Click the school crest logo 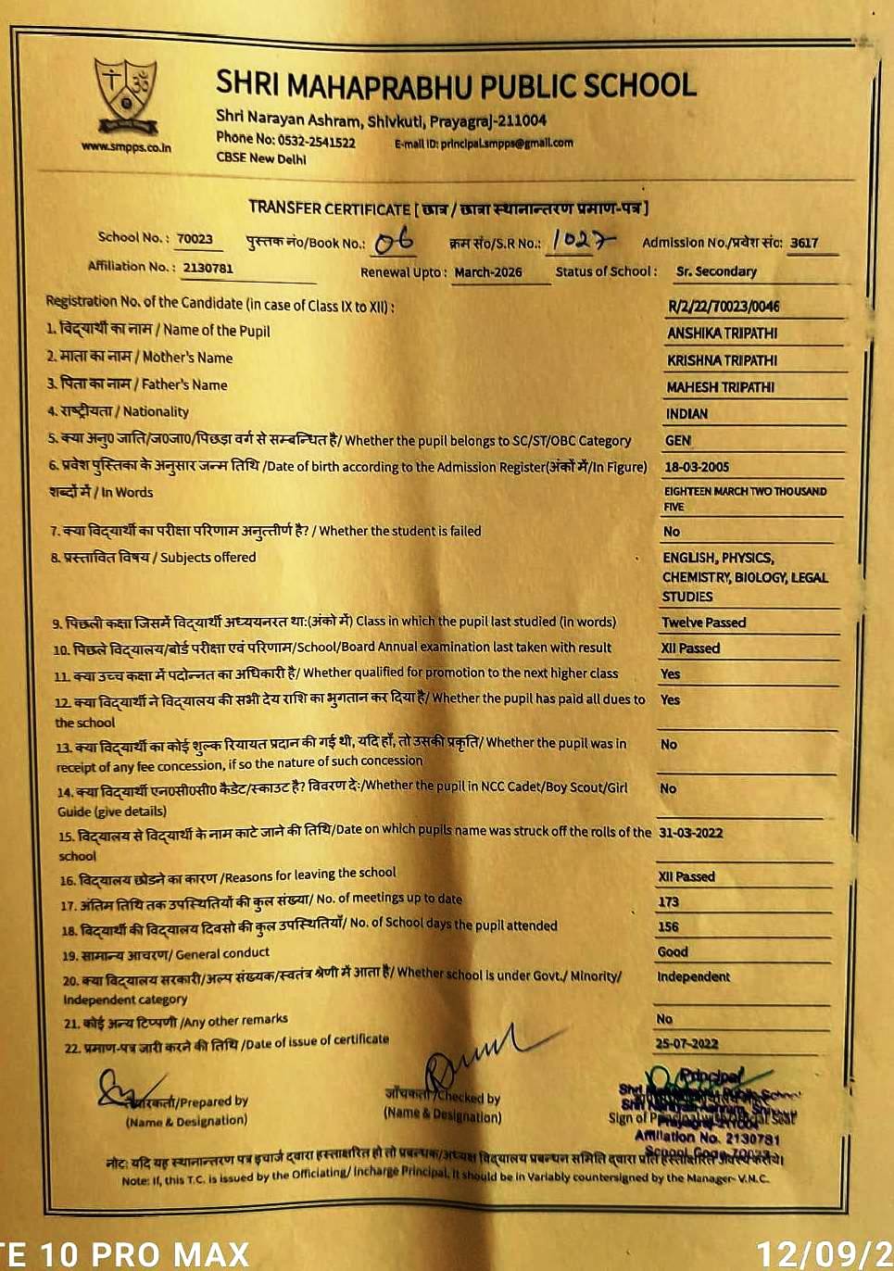[127, 94]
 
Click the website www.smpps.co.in [126, 146]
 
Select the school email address [507, 143]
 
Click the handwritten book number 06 [395, 243]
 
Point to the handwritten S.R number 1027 [579, 240]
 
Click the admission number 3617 [804, 243]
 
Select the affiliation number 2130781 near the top [208, 268]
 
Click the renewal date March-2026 [488, 272]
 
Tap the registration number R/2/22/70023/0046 [724, 307]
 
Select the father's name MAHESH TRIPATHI [720, 387]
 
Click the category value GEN [677, 441]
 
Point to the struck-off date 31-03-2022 [690, 832]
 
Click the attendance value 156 [668, 926]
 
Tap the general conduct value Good [672, 951]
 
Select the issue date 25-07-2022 [686, 1043]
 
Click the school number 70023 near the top [195, 238]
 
